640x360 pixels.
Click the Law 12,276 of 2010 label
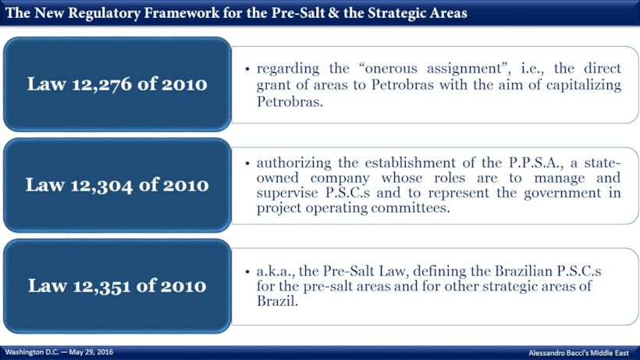coord(117,84)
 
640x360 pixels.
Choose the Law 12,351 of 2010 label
coord(117,285)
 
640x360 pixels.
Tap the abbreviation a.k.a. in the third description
coord(275,270)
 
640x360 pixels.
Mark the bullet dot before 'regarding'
coord(247,70)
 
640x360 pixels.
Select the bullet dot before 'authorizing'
coord(247,163)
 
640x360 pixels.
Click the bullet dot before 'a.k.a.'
coord(247,271)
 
